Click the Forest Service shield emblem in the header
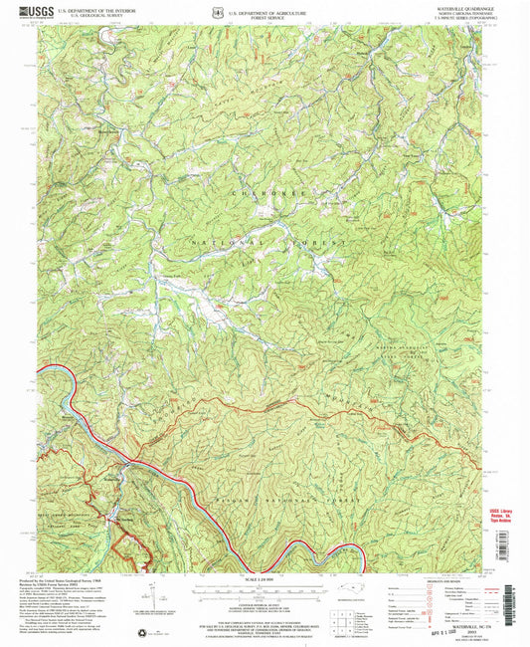click(x=189, y=14)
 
